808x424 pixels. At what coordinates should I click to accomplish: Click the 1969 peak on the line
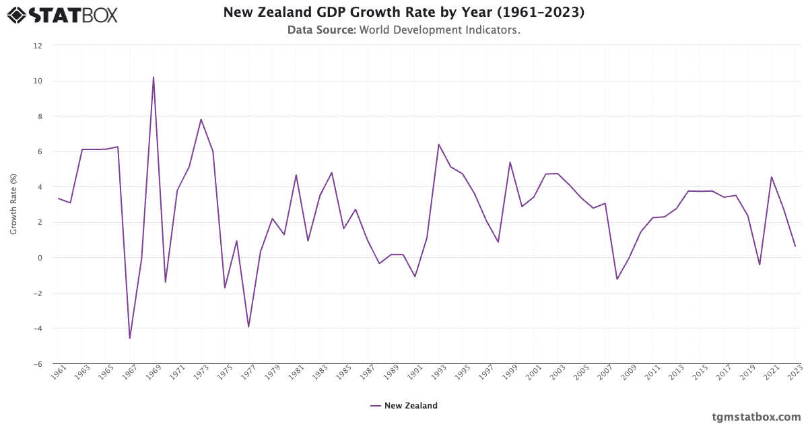[x=154, y=77]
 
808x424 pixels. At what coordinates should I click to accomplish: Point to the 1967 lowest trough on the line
[x=129, y=339]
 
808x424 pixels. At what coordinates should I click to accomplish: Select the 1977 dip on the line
[x=248, y=327]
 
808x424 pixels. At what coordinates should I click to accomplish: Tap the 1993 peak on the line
[x=438, y=144]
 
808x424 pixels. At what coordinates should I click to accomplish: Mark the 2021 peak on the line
[x=771, y=177]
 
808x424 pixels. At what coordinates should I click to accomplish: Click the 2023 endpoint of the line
[x=795, y=246]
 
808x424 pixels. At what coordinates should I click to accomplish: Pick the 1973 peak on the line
[x=201, y=119]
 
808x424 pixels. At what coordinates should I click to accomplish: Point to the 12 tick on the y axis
[x=38, y=46]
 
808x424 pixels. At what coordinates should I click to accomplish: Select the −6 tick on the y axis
[x=38, y=364]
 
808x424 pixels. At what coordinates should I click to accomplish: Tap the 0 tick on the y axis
[x=40, y=258]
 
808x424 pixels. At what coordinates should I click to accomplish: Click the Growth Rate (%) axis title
[x=13, y=205]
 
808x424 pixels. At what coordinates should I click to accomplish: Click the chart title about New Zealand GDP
[x=403, y=13]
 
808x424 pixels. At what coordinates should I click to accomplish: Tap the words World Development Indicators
[x=440, y=30]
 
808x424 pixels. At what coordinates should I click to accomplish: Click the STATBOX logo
[x=62, y=14]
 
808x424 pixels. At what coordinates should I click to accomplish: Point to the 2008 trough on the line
[x=617, y=279]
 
